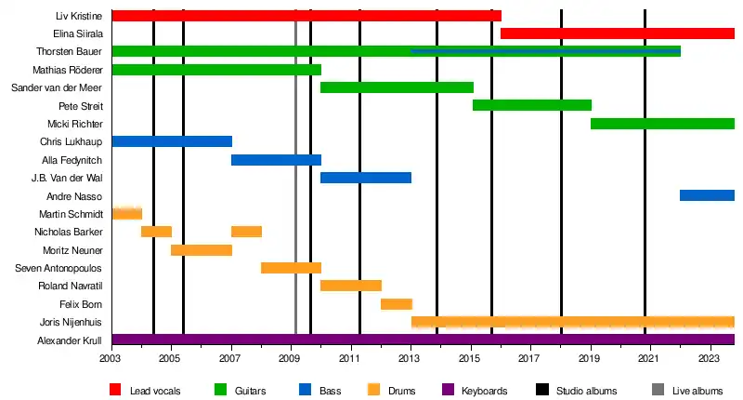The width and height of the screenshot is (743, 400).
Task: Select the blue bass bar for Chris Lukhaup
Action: click(171, 141)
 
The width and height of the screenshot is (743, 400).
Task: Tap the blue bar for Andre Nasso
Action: click(707, 195)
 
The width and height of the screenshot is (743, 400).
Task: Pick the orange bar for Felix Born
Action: click(396, 304)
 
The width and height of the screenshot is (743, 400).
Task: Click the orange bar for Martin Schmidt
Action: click(126, 214)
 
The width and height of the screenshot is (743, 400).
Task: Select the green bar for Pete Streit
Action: click(531, 105)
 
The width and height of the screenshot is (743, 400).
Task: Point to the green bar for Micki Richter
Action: click(662, 124)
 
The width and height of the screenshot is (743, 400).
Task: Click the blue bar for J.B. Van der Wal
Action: click(365, 178)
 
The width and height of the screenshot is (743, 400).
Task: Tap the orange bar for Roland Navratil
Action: click(350, 286)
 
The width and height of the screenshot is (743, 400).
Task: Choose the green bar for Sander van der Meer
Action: click(397, 87)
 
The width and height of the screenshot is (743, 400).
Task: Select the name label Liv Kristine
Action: click(79, 16)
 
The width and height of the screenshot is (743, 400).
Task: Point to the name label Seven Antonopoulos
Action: click(59, 268)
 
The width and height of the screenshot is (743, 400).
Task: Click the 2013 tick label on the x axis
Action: click(410, 358)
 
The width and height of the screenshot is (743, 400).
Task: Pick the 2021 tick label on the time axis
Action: click(649, 358)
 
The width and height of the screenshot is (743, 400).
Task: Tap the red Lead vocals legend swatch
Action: click(116, 390)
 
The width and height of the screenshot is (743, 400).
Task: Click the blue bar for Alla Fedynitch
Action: click(276, 160)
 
